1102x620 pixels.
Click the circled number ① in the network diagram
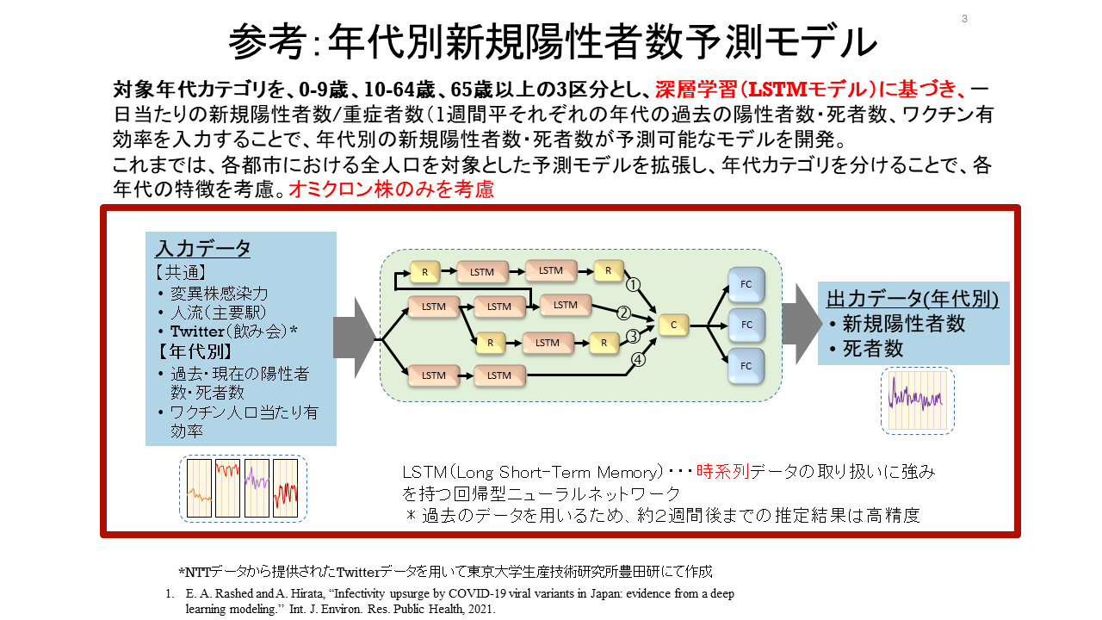pyautogui.click(x=633, y=285)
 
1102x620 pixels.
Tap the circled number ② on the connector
pyautogui.click(x=624, y=313)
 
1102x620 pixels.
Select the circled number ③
pyautogui.click(x=633, y=336)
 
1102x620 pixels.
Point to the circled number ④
pyautogui.click(x=638, y=360)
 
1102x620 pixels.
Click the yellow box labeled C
pyautogui.click(x=673, y=325)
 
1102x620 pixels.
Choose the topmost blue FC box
pyautogui.click(x=746, y=284)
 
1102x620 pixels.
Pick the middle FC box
pyautogui.click(x=746, y=325)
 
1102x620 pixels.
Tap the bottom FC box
pyautogui.click(x=746, y=366)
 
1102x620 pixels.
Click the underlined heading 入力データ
pyautogui.click(x=203, y=249)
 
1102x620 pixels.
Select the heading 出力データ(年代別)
pyautogui.click(x=913, y=299)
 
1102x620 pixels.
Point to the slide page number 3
pyautogui.click(x=964, y=19)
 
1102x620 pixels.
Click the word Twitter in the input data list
pyautogui.click(x=197, y=332)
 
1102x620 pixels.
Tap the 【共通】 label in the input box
pyautogui.click(x=181, y=272)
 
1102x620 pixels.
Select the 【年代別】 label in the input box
pyautogui.click(x=195, y=352)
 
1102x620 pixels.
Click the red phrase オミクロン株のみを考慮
pyautogui.click(x=392, y=189)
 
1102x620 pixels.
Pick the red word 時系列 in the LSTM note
pyautogui.click(x=722, y=472)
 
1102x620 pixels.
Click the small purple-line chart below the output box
pyautogui.click(x=918, y=401)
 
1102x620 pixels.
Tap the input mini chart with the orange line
pyautogui.click(x=199, y=488)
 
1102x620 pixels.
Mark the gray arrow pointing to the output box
pyautogui.click(x=802, y=324)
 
